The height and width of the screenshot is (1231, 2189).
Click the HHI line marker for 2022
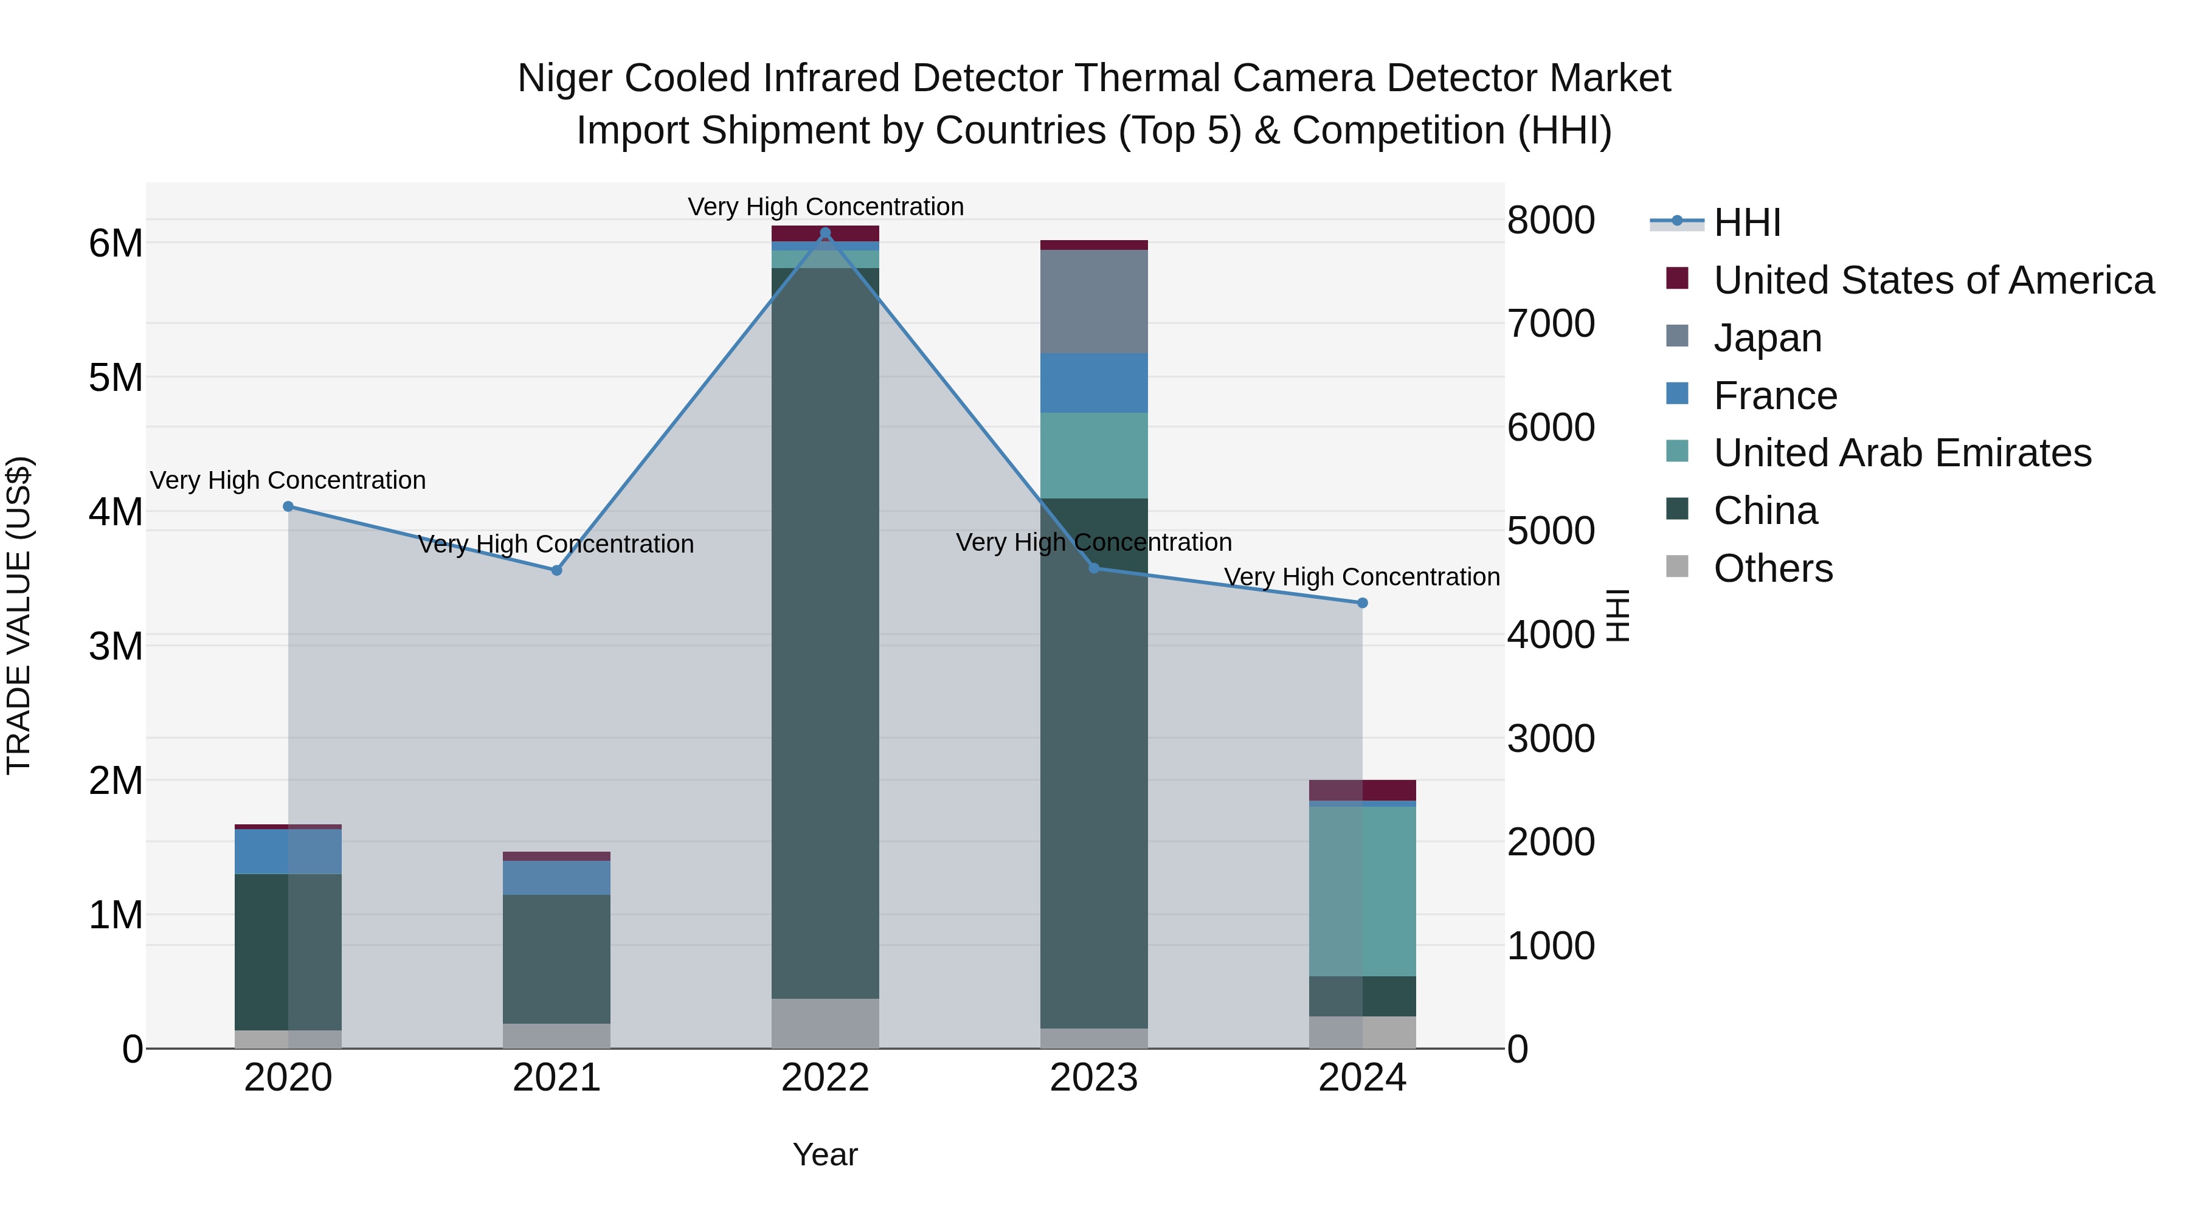(825, 233)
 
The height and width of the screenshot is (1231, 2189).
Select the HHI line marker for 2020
(288, 506)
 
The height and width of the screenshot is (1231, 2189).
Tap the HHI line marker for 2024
(1362, 603)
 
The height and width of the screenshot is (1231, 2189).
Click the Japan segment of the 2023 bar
(1094, 302)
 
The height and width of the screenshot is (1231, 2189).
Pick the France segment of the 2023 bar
(1094, 383)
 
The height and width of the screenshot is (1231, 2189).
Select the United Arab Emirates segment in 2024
(1362, 891)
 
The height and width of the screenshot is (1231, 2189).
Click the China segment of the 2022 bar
(825, 633)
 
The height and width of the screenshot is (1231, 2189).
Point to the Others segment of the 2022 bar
(825, 1023)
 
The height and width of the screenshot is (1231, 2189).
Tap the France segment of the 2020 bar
(288, 851)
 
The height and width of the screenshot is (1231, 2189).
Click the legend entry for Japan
(1768, 338)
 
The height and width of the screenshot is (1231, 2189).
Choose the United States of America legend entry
(1933, 280)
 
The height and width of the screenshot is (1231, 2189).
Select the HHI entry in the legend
(1746, 222)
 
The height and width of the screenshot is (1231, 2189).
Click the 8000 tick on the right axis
(1551, 220)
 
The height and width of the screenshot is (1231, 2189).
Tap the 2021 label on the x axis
(556, 1078)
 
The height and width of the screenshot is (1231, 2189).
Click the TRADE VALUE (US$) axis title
(19, 615)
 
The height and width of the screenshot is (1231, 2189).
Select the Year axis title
(825, 1154)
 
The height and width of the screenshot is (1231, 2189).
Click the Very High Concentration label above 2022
(825, 207)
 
